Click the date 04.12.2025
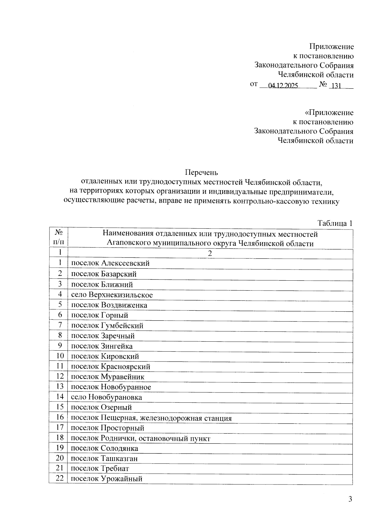point(283,86)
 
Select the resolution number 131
point(336,86)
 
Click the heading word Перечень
point(202,172)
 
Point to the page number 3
point(350,499)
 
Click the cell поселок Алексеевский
point(110,263)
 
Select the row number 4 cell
point(60,294)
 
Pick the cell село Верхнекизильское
point(112,295)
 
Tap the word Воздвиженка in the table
point(124,305)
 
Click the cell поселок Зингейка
point(102,346)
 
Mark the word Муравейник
point(122,377)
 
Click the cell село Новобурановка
point(106,397)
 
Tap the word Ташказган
point(119,458)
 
